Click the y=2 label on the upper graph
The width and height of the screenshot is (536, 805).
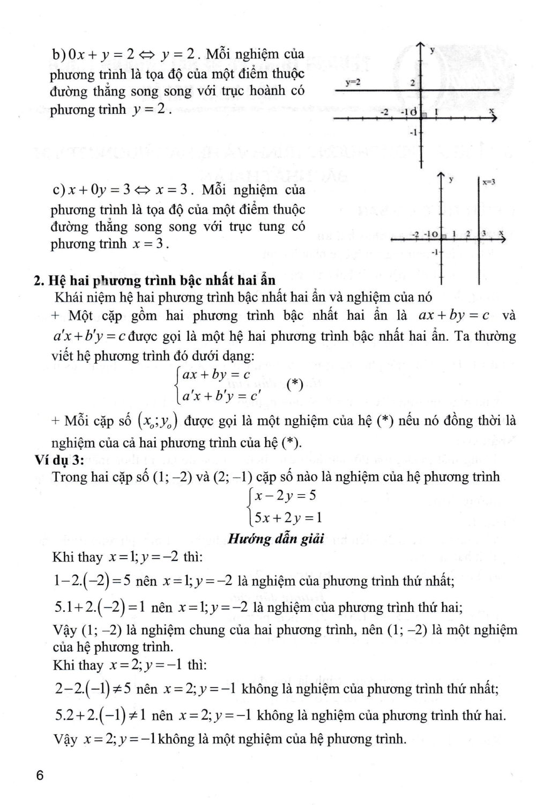[353, 83]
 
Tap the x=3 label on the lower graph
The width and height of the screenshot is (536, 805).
[488, 182]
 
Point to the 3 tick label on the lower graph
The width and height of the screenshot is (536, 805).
[483, 233]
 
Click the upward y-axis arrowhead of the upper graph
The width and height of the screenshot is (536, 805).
[421, 46]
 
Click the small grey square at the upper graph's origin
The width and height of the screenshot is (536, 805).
[423, 115]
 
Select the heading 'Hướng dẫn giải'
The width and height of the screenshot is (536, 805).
[276, 538]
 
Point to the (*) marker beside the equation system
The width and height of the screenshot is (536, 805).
[295, 384]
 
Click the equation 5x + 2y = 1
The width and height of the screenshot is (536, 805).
[288, 518]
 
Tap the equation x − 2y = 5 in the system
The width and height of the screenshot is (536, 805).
[285, 495]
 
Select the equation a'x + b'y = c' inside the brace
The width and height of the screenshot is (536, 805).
[221, 397]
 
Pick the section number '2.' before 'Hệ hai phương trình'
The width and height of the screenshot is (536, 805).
[38, 280]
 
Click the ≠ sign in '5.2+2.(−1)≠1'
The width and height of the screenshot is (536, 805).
[131, 715]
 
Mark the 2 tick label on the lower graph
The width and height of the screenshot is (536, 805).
[468, 233]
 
